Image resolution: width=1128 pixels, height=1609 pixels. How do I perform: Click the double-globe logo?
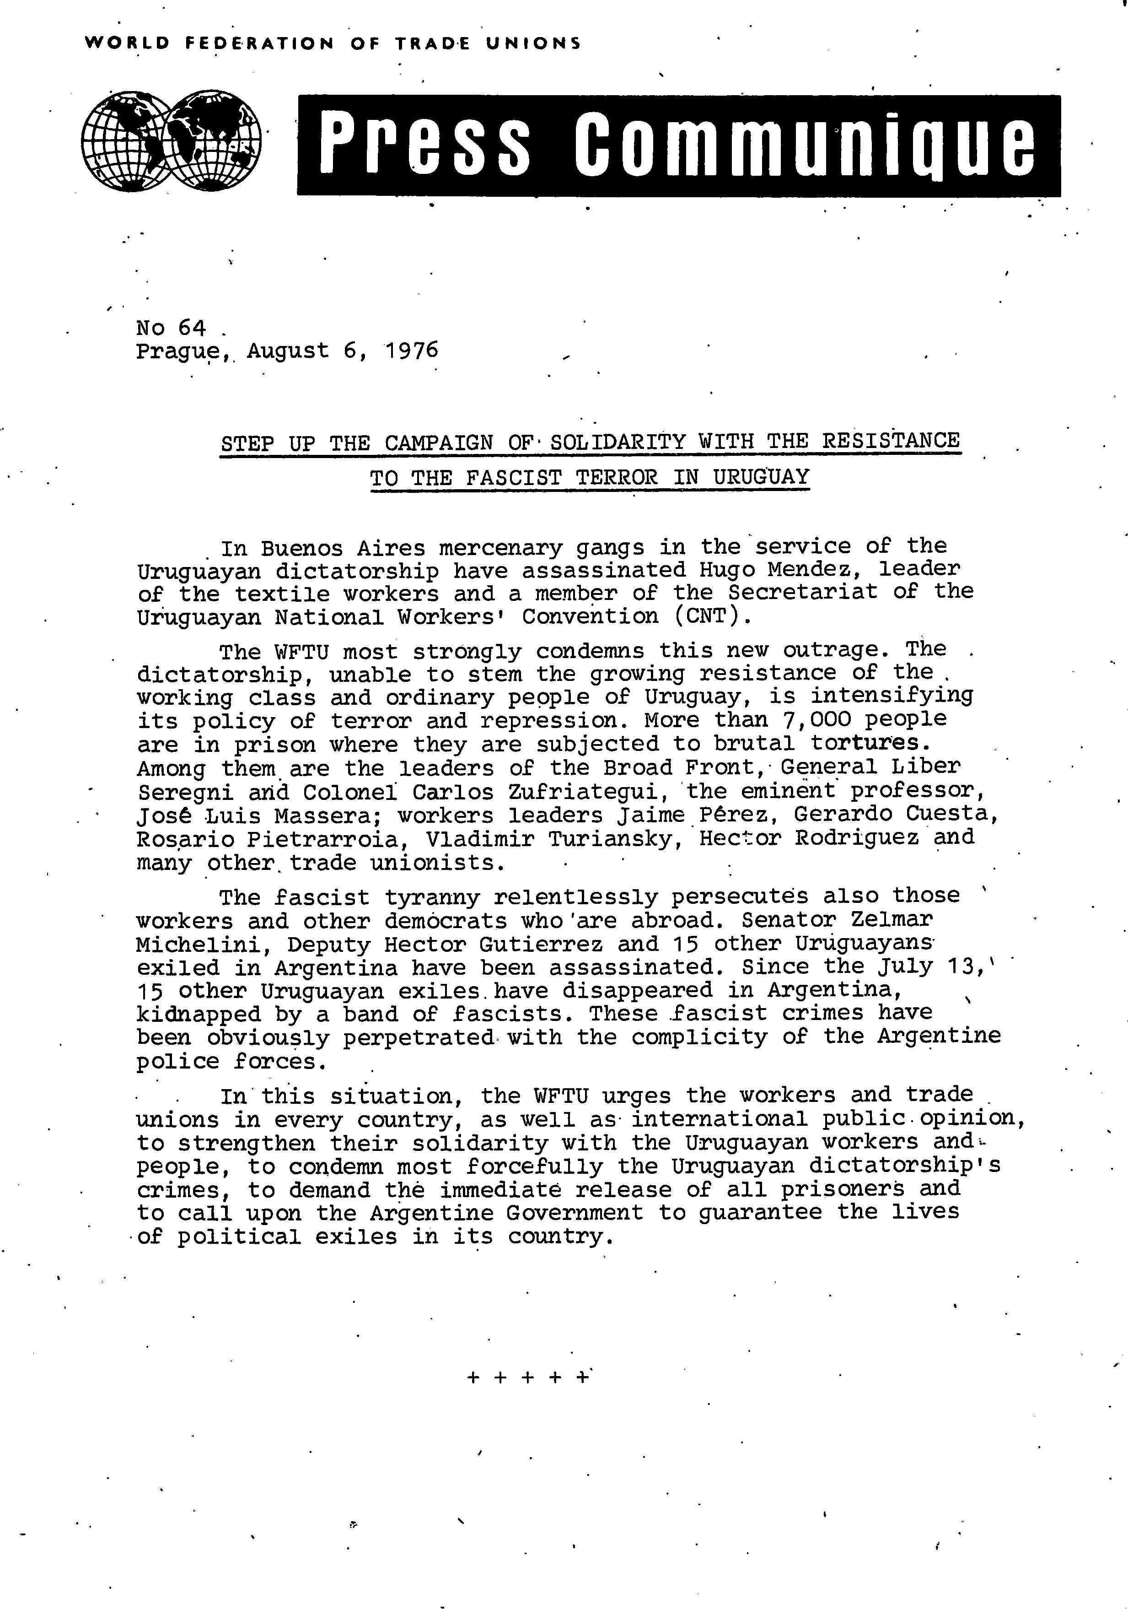(x=171, y=141)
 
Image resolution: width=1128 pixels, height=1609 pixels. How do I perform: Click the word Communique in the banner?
(x=804, y=145)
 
